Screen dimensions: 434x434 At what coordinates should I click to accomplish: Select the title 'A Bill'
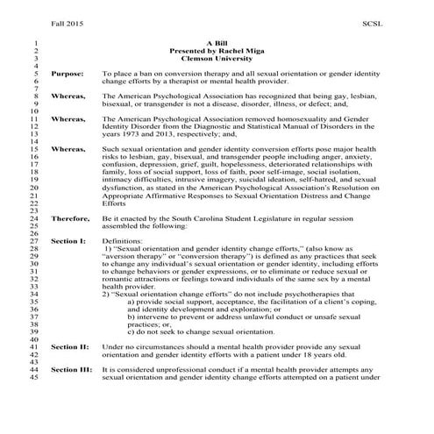click(x=217, y=42)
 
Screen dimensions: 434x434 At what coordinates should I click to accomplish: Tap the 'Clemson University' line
click(x=217, y=58)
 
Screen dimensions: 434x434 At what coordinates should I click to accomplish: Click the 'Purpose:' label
click(x=68, y=75)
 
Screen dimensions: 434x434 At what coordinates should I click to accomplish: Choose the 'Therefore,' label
click(x=69, y=215)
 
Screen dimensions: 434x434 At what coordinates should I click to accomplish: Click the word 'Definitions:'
click(x=123, y=239)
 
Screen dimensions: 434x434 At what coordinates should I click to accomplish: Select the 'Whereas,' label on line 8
click(x=68, y=99)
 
